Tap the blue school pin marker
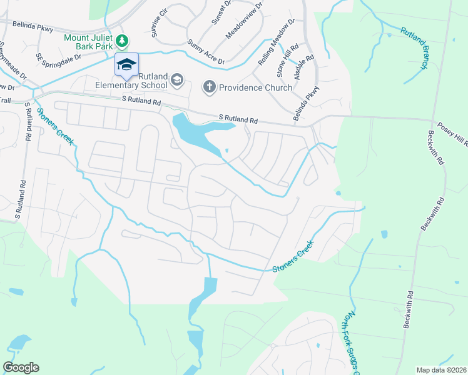click(x=126, y=65)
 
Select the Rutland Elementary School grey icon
click(x=177, y=79)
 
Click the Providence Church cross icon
click(x=209, y=87)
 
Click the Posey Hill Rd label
click(x=449, y=134)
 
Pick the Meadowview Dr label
click(x=244, y=19)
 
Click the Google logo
click(x=21, y=367)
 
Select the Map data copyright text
click(x=440, y=370)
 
